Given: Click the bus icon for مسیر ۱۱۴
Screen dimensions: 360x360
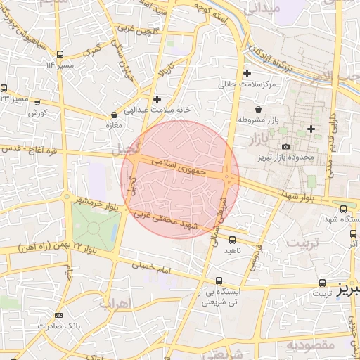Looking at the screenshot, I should tap(60, 53).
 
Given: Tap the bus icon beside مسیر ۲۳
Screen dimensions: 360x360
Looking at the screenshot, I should tap(5, 89).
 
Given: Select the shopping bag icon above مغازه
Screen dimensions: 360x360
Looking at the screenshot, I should tap(114, 115).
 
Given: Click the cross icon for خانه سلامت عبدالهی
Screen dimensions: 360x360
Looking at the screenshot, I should tap(156, 99).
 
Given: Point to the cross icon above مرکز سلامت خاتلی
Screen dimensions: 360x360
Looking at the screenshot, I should tap(246, 74).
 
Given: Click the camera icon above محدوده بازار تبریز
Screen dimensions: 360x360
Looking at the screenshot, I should tap(285, 146).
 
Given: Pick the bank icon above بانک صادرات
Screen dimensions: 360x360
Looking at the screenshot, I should tap(58, 315).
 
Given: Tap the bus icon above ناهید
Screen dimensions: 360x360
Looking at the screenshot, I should tap(231, 240).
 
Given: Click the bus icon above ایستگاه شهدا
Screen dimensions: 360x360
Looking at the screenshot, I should tap(343, 209).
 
